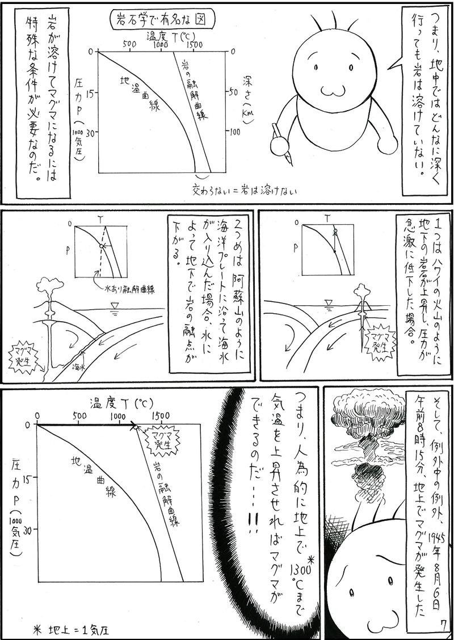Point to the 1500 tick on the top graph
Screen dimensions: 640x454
(x=194, y=44)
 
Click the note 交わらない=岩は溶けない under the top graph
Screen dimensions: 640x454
(x=245, y=186)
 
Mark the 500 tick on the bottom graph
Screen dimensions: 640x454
(x=79, y=415)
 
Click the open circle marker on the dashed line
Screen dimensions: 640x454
(x=102, y=245)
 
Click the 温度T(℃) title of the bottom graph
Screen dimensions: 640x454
(x=121, y=403)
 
